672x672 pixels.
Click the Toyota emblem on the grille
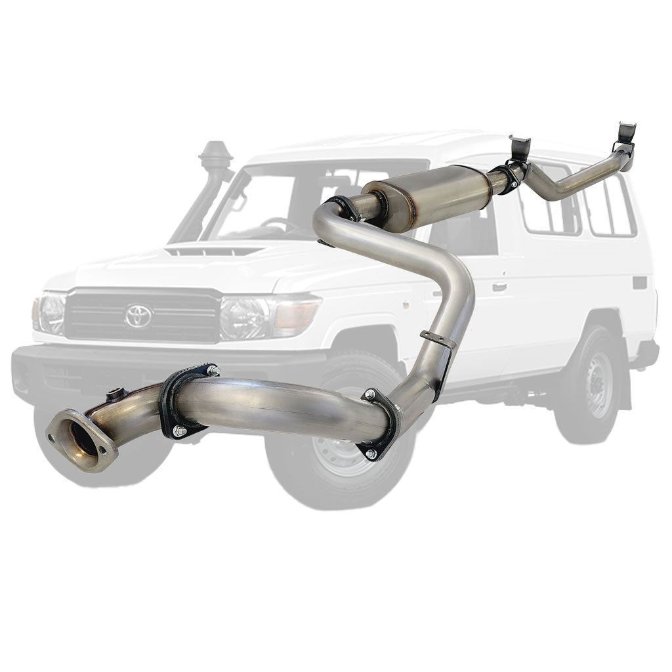click(x=138, y=316)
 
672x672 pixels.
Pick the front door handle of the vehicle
click(x=499, y=287)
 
